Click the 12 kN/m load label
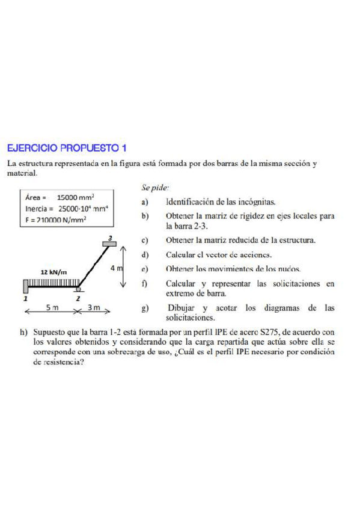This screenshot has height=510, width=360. [x=53, y=272]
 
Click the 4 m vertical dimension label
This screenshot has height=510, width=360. [x=116, y=268]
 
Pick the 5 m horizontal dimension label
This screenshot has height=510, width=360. [x=52, y=308]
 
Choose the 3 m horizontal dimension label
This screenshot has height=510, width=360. [x=94, y=308]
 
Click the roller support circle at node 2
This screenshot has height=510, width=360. [x=79, y=289]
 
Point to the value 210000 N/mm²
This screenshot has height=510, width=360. [x=61, y=220]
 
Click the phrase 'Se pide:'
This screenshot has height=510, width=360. [x=156, y=188]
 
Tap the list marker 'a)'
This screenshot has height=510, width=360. [x=145, y=202]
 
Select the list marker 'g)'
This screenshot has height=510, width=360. [x=145, y=309]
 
